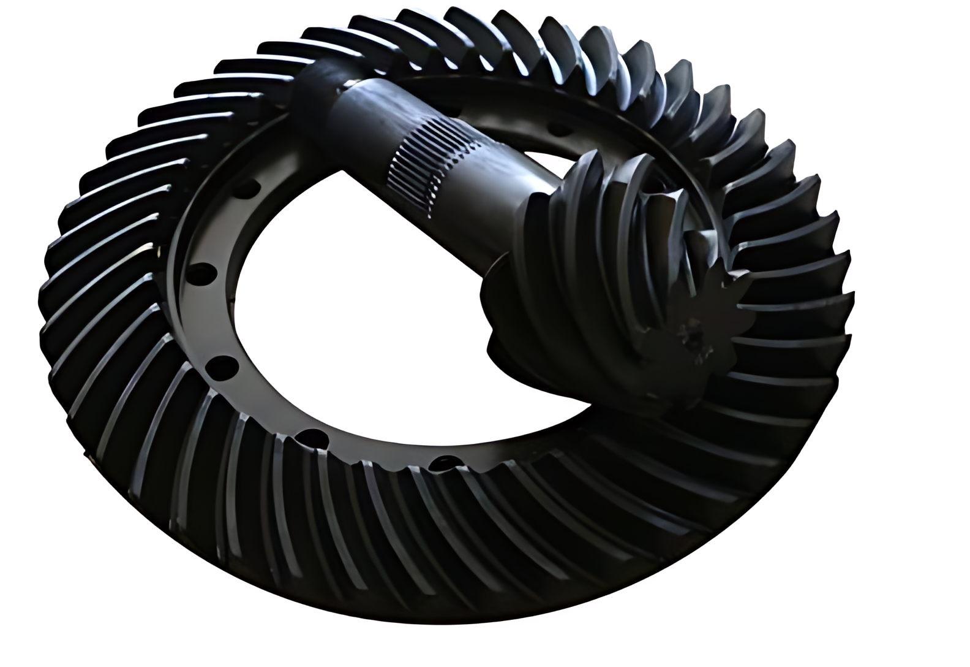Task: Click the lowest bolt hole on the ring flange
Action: click(442, 463)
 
